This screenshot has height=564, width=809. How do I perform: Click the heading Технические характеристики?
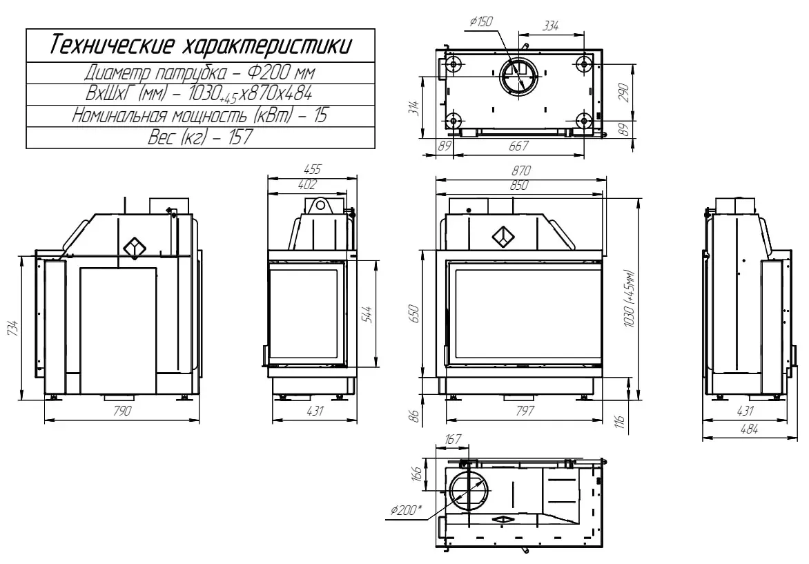pos(200,46)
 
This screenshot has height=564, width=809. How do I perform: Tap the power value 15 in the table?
pos(320,115)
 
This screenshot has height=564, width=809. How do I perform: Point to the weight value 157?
pos(238,137)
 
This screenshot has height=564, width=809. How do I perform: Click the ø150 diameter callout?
pos(481,22)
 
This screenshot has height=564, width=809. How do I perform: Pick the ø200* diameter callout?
pos(406,511)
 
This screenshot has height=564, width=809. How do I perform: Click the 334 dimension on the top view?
pos(550,26)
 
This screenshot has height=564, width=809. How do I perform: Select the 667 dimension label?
pos(518,146)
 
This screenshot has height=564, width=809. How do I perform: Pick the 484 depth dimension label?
pos(749,429)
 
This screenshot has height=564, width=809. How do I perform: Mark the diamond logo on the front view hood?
pos(503,237)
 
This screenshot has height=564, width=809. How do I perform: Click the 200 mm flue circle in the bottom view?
pos(469,492)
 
